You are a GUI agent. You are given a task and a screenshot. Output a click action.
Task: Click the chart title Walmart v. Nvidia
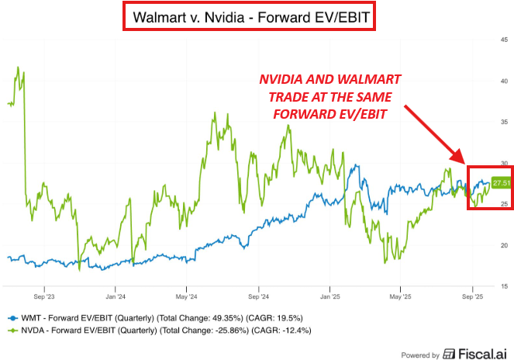coord(189,17)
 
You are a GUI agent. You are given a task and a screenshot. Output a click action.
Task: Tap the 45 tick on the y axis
coord(504,40)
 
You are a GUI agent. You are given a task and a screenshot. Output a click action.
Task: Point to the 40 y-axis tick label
coord(504,81)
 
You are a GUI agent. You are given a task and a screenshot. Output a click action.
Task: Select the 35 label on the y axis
coord(504,122)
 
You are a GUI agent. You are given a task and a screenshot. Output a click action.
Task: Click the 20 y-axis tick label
coord(504,245)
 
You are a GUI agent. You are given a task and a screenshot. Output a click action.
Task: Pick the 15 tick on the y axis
coord(504,286)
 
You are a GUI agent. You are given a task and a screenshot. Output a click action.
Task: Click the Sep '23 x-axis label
coord(44,296)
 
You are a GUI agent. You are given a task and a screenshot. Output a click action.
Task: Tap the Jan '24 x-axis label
coord(116,296)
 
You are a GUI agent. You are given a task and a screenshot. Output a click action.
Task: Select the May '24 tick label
coord(186,296)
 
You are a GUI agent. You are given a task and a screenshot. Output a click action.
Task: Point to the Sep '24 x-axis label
coord(258,296)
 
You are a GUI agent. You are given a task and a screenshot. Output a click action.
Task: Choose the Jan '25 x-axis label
coord(330,296)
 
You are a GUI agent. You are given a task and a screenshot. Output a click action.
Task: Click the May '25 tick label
coord(400,296)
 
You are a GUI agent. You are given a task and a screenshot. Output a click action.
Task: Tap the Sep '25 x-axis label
coord(472,296)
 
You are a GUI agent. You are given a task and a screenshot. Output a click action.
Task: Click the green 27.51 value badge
coord(501,183)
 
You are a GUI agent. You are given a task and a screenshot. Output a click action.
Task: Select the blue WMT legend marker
coord(12,318)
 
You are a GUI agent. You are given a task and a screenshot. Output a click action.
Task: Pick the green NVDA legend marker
coord(12,331)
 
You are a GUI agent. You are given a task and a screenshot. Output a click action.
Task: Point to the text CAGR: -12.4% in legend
coord(281,331)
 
